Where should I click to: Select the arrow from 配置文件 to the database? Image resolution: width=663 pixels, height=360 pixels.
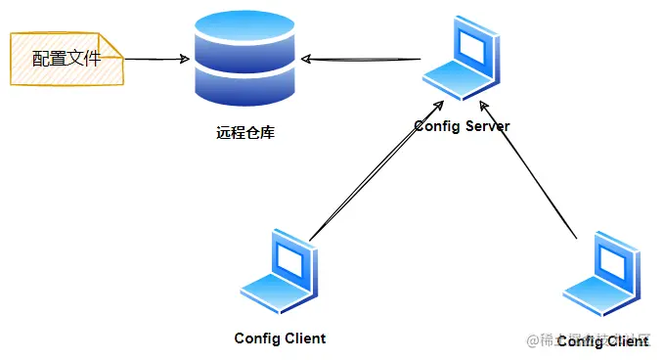[156, 59]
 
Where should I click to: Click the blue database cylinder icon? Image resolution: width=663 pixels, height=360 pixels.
[243, 59]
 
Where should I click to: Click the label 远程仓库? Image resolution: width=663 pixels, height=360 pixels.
[244, 131]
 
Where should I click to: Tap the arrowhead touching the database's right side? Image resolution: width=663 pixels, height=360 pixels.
[306, 59]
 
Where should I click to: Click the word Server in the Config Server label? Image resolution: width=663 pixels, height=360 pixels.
[486, 126]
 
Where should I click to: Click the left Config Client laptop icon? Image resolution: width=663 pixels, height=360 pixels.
[282, 271]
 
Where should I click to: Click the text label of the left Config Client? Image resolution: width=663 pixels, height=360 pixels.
[280, 338]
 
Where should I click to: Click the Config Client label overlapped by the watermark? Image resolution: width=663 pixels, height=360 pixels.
[602, 341]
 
